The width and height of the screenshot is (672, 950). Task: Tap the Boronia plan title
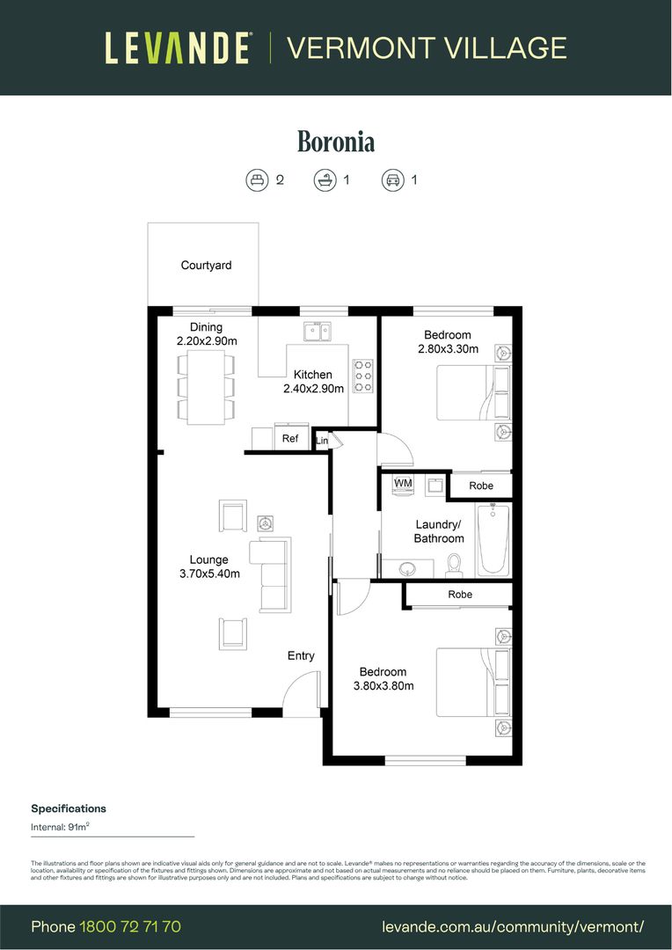tap(336, 142)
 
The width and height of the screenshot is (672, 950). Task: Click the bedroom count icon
tap(256, 180)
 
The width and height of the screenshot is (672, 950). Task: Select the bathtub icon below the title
tap(325, 180)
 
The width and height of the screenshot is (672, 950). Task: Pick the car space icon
tap(391, 180)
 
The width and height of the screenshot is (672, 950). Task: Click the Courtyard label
tap(206, 265)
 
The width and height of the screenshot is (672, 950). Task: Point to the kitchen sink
tap(317, 332)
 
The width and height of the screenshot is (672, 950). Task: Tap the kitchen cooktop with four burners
tap(362, 376)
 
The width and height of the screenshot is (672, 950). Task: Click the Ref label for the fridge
tap(290, 438)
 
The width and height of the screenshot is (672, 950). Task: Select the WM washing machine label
tap(403, 484)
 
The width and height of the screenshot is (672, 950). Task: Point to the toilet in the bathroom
tap(455, 562)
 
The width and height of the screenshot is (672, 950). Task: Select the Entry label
tap(301, 656)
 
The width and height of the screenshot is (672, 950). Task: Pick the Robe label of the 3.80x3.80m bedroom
tap(460, 595)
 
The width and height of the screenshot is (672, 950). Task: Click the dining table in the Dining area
tap(207, 387)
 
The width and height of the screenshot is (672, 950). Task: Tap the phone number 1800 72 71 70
tap(130, 926)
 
